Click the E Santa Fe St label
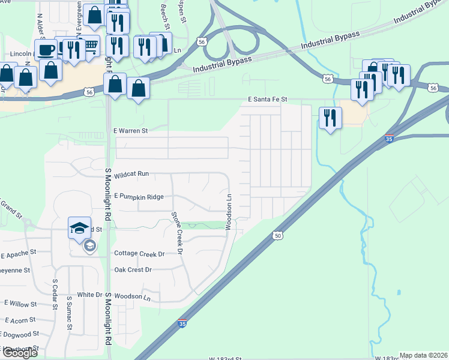click(268, 99)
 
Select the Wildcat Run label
click(131, 173)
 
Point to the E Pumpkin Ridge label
click(139, 196)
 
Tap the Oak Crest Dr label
click(133, 269)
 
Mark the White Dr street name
click(89, 295)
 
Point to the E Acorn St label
click(18, 320)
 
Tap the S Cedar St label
click(55, 294)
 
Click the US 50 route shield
click(277, 236)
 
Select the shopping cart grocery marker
click(90, 44)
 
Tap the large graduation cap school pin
click(79, 227)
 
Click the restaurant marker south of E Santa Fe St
click(329, 117)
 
